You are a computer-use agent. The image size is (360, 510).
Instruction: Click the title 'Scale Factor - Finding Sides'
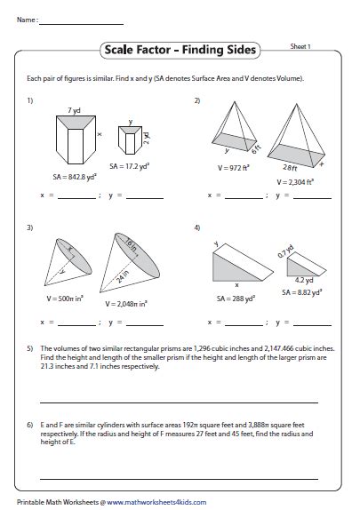click(x=180, y=51)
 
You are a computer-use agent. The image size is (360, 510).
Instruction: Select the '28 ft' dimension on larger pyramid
click(x=292, y=166)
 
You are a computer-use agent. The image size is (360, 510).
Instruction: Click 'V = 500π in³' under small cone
click(x=61, y=291)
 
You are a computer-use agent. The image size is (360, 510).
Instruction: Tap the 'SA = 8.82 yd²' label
click(x=302, y=291)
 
